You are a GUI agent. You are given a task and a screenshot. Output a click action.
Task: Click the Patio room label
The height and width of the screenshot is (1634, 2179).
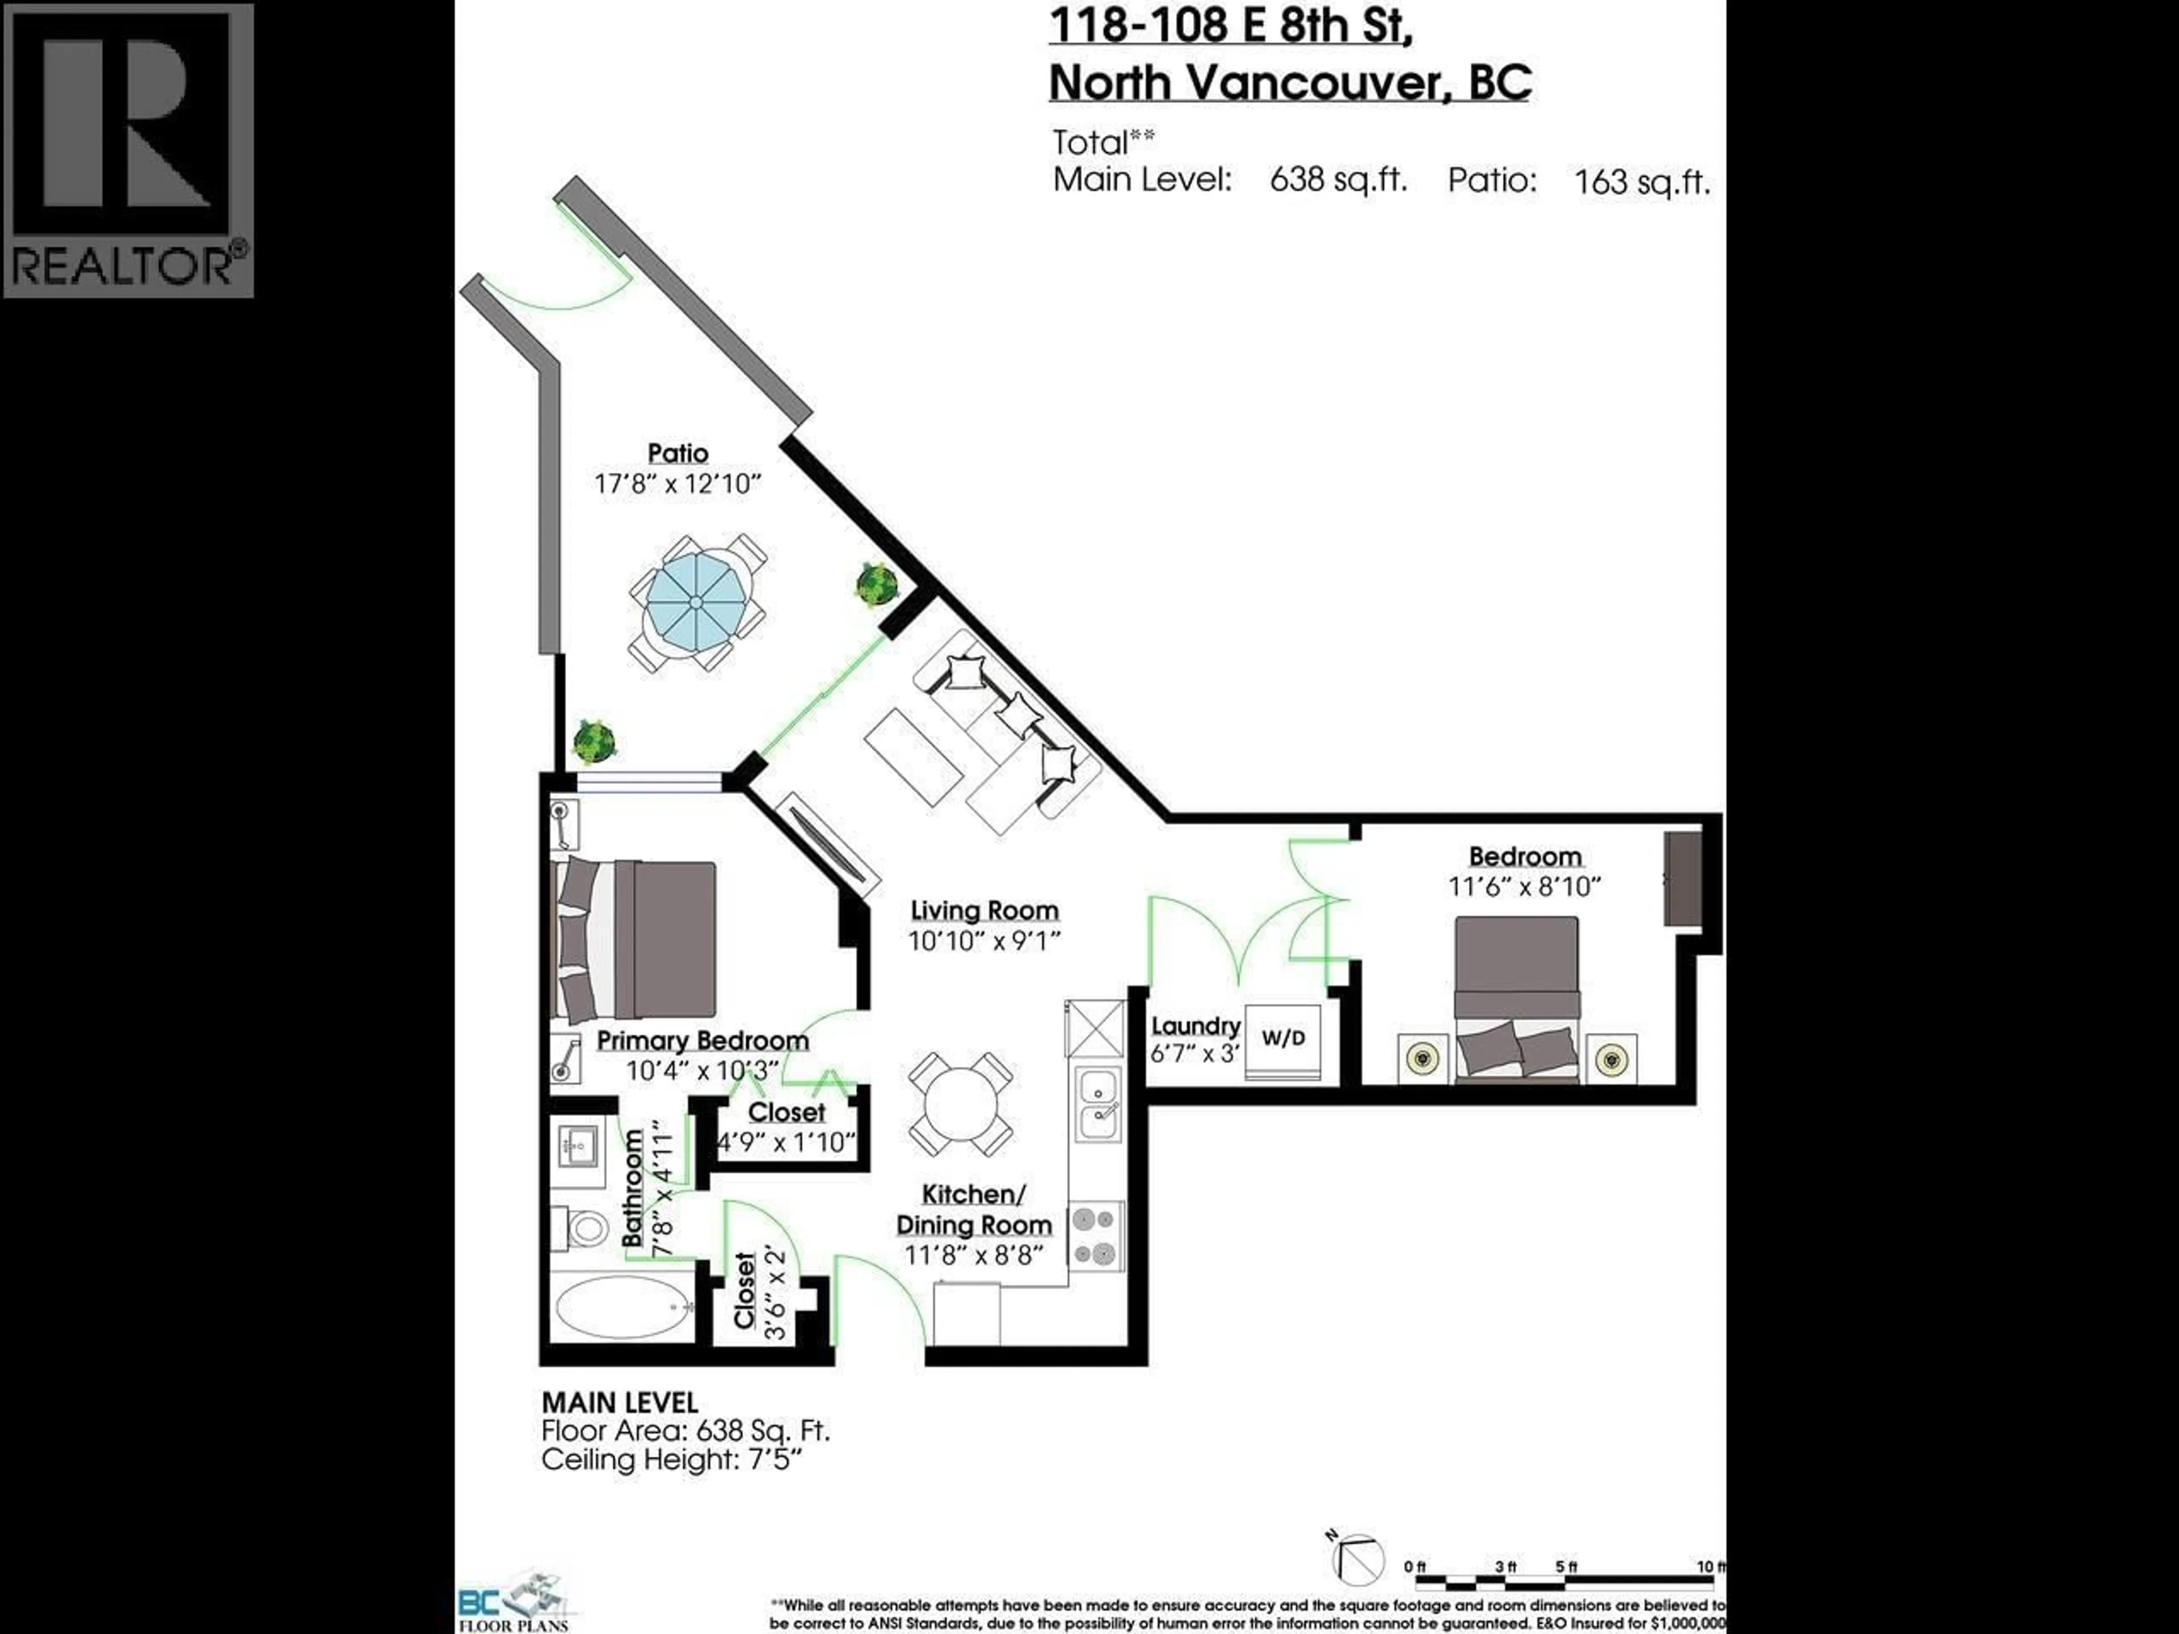coord(678,453)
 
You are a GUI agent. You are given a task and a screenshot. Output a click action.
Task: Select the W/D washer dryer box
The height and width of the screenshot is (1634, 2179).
coord(1282,1038)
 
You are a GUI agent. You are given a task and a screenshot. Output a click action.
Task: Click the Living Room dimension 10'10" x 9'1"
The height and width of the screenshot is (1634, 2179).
coord(983,941)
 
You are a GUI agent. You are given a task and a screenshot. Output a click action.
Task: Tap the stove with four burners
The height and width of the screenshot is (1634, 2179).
coord(1095,1236)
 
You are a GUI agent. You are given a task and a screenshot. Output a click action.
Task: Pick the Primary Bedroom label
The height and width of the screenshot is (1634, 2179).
coord(703,1040)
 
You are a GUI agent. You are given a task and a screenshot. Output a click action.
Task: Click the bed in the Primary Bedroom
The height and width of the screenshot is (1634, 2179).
coord(636,941)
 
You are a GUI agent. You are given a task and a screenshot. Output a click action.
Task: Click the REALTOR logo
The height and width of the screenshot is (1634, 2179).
coord(128,150)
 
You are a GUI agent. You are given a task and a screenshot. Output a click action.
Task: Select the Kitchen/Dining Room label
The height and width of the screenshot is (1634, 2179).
coord(973,1210)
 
